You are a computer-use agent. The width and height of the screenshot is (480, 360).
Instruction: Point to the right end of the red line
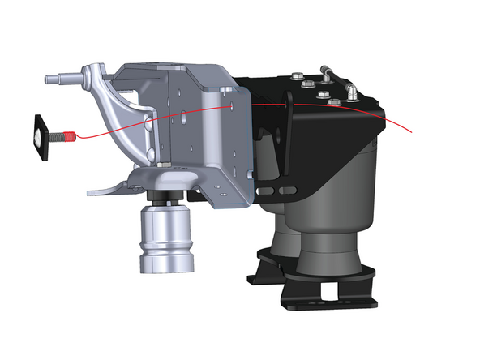tap(413, 131)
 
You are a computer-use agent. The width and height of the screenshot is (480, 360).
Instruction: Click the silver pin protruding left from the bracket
tap(58, 80)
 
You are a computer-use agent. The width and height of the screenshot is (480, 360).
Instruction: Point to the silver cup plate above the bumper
tap(162, 180)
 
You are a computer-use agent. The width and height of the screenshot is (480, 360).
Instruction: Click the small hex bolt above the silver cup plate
tap(165, 167)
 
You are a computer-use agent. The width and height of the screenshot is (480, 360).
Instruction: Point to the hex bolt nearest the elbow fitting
tap(332, 103)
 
